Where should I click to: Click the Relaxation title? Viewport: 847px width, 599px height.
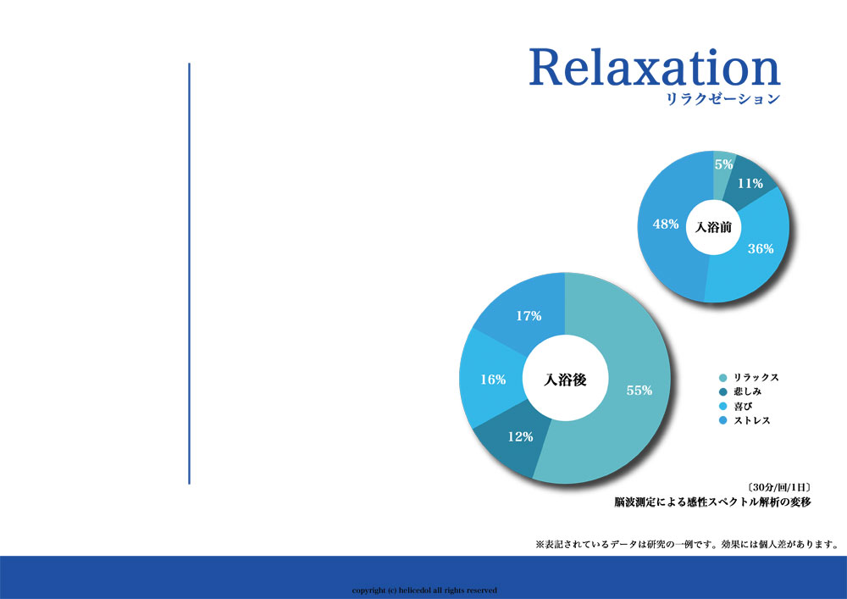pyautogui.click(x=655, y=67)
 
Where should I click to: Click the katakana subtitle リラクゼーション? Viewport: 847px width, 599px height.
pyautogui.click(x=723, y=99)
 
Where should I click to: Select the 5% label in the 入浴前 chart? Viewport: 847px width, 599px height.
pyautogui.click(x=724, y=164)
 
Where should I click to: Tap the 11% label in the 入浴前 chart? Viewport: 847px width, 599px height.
pyautogui.click(x=750, y=184)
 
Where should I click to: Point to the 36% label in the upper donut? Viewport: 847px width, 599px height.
pyautogui.click(x=761, y=248)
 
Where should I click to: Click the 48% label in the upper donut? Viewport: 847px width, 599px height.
pyautogui.click(x=666, y=224)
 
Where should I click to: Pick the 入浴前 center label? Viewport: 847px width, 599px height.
pyautogui.click(x=713, y=227)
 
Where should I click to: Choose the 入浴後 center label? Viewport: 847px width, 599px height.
pyautogui.click(x=565, y=380)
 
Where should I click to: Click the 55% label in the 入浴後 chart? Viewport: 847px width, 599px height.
pyautogui.click(x=639, y=390)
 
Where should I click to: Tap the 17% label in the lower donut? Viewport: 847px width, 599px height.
pyautogui.click(x=529, y=315)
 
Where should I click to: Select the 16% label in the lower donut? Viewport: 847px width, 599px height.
pyautogui.click(x=493, y=380)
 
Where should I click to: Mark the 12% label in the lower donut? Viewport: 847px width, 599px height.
pyautogui.click(x=520, y=436)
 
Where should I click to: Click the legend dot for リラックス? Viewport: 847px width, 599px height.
pyautogui.click(x=723, y=378)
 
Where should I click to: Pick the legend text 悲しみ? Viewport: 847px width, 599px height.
pyautogui.click(x=748, y=391)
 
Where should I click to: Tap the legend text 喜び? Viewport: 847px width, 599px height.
pyautogui.click(x=743, y=406)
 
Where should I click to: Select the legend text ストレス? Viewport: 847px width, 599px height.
pyautogui.click(x=752, y=420)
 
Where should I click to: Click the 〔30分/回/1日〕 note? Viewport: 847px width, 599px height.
pyautogui.click(x=779, y=487)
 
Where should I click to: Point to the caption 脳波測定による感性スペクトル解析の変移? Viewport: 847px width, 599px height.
pyautogui.click(x=712, y=502)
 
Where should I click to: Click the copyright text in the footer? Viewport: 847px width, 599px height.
pyautogui.click(x=424, y=591)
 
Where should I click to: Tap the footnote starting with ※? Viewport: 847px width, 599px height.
pyautogui.click(x=687, y=545)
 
